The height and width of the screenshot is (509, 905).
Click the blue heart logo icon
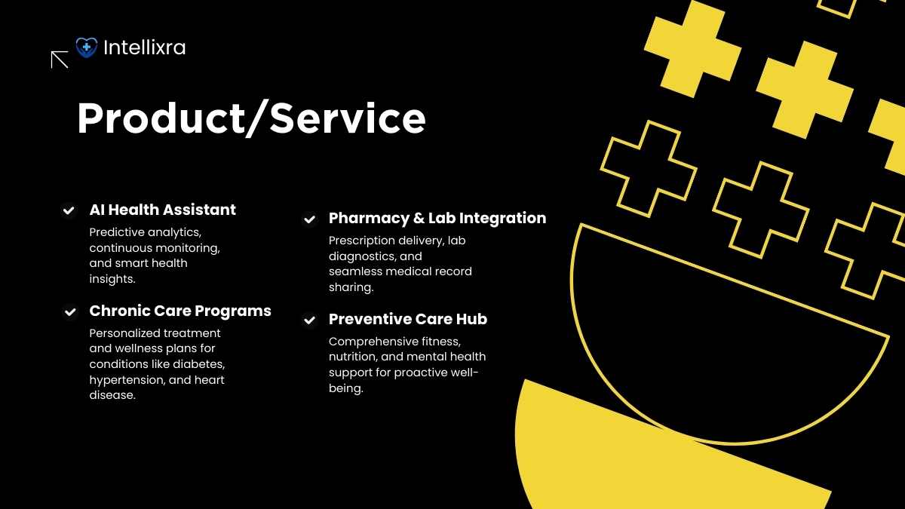click(x=87, y=48)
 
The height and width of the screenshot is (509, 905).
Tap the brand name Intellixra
click(x=145, y=48)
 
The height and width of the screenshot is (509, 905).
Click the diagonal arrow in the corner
click(x=60, y=60)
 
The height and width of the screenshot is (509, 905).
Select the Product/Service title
click(x=251, y=118)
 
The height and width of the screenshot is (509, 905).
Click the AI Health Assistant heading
click(x=162, y=210)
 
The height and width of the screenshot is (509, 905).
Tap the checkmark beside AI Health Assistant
click(x=69, y=210)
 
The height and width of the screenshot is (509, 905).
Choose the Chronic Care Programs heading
click(x=180, y=311)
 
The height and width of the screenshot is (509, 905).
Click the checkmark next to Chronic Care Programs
click(x=70, y=312)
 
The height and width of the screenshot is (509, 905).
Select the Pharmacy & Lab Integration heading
click(x=437, y=218)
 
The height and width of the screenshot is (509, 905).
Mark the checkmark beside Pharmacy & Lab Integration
click(x=309, y=219)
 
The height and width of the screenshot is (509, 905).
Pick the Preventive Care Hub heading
click(x=408, y=319)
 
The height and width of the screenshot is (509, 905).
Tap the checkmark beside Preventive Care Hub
click(x=309, y=320)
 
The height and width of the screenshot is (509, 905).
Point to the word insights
click(x=112, y=279)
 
